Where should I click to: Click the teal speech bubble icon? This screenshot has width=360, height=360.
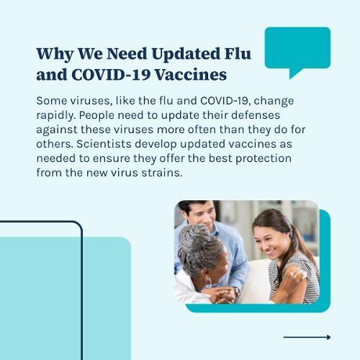click(297, 49)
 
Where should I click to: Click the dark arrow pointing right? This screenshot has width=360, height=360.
click(307, 337)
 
